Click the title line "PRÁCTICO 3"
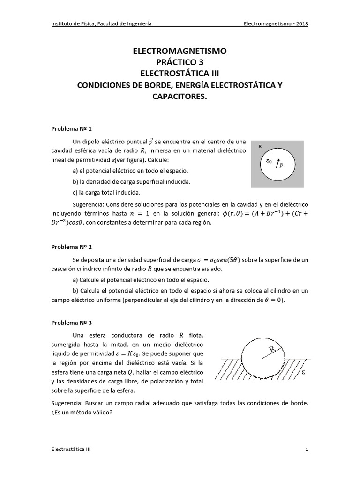[x=180, y=62]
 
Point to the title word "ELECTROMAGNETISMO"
[x=180, y=51]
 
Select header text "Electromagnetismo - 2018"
[x=277, y=24]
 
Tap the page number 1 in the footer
[x=307, y=449]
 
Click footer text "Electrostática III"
[x=71, y=449]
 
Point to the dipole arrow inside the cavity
[x=278, y=164]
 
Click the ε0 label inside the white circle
[x=269, y=161]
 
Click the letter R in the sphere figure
[x=273, y=349]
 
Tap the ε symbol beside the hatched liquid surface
[x=303, y=373]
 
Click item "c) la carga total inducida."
[x=100, y=192]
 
